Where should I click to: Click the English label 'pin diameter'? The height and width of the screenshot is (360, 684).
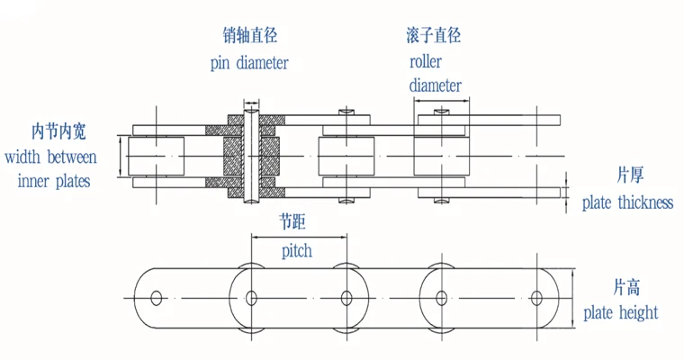click(x=249, y=63)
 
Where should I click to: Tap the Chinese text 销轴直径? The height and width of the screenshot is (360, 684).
click(x=250, y=35)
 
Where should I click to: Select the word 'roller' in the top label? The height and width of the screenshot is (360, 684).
click(x=426, y=61)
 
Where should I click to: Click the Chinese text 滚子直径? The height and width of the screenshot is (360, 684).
click(x=433, y=35)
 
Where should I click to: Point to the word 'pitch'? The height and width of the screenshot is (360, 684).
click(x=297, y=251)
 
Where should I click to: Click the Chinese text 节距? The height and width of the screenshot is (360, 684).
click(x=292, y=222)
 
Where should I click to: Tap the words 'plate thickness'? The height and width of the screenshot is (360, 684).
click(x=627, y=202)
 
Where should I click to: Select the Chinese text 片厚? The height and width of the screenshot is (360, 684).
click(x=630, y=175)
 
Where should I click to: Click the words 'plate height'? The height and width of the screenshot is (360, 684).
click(x=621, y=313)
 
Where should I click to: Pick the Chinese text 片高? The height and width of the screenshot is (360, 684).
click(x=627, y=288)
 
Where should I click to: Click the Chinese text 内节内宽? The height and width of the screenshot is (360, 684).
click(x=58, y=131)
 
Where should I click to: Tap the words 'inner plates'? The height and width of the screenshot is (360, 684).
click(x=54, y=181)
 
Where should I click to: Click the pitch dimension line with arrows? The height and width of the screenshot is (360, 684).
click(x=299, y=238)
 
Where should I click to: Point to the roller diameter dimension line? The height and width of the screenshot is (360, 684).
click(x=442, y=101)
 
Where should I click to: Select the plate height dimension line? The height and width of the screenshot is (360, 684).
click(x=572, y=298)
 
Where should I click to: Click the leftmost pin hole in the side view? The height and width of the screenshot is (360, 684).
click(x=156, y=299)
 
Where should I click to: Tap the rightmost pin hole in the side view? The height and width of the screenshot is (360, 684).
click(x=536, y=299)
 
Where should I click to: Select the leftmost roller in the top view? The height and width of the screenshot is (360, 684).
click(x=157, y=156)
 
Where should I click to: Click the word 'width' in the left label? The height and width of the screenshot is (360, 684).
click(x=22, y=157)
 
